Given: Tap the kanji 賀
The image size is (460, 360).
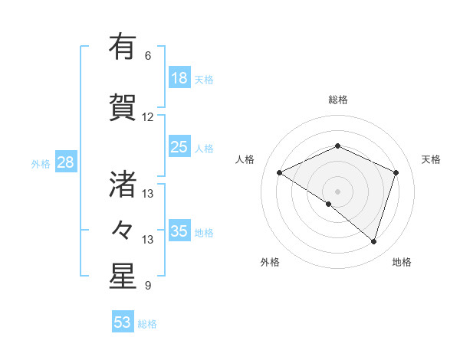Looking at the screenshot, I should point(122,106).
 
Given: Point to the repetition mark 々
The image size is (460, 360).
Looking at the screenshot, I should point(122,229).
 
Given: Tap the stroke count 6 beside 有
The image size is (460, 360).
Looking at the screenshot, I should point(147,56).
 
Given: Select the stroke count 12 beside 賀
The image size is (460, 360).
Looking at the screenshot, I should point(147,117).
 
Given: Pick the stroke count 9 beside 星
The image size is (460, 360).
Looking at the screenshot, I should point(147,286).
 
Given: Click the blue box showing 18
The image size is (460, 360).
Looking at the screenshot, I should point(179,78).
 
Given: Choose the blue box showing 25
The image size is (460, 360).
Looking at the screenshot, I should point(179,147).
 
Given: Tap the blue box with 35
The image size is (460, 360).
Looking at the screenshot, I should point(179,231).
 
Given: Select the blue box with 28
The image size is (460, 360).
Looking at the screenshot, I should point(65,162).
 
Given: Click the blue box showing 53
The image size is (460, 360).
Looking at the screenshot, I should point(122,322).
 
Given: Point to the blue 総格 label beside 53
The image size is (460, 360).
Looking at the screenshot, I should point(147,324).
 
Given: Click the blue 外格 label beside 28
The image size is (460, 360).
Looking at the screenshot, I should point(41,164).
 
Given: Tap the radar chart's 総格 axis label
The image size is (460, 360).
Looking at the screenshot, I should point(337,100).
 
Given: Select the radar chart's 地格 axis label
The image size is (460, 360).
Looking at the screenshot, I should point(402,262).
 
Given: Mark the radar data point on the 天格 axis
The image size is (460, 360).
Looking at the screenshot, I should point(396,172).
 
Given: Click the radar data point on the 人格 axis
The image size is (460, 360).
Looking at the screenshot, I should point(280,172).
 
